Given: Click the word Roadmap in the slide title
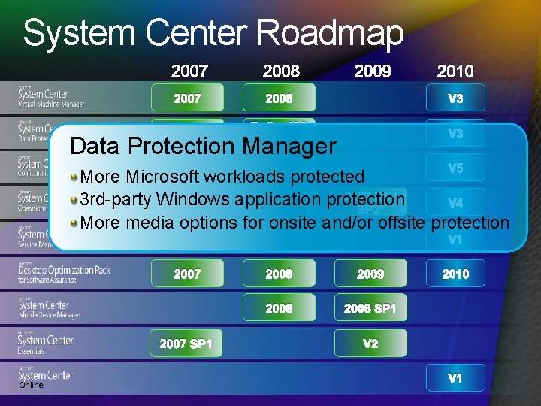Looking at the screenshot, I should tap(330, 33).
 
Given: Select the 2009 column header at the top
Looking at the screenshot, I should tap(372, 71).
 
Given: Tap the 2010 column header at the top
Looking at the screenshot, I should tap(455, 71).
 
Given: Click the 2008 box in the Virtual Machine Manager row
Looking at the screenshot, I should tap(279, 98).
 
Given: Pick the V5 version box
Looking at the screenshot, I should tap(455, 168).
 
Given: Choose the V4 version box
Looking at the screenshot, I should tap(455, 203).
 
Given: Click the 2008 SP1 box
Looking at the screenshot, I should tap(370, 308).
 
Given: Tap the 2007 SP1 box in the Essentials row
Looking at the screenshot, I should tap(186, 344).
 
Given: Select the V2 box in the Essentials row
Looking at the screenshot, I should tap(370, 344).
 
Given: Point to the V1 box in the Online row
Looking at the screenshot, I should tap(455, 378).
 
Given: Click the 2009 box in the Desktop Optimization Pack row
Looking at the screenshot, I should tap(370, 274).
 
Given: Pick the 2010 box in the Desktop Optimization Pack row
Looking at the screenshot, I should tap(455, 274).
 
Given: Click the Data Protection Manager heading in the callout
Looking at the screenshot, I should tap(202, 146).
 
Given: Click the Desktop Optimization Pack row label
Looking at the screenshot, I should tap(64, 273).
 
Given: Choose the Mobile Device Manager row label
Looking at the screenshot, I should tap(50, 308).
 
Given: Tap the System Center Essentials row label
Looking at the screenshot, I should tap(45, 344).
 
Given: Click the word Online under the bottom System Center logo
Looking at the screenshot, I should tap(31, 385).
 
